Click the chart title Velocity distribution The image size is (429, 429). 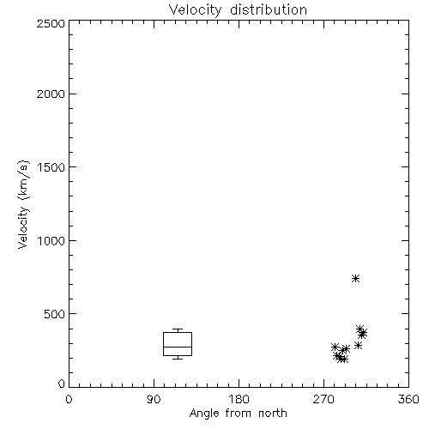pos(238,9)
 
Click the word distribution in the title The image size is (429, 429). pos(269,9)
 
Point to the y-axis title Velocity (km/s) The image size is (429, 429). pos(23,204)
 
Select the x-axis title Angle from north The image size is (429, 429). pos(238,414)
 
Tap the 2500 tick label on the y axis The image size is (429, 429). pos(51,23)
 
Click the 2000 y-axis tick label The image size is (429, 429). pos(51,94)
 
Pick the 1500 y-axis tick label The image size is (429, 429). pos(51,167)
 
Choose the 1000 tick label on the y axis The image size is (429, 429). pos(51,240)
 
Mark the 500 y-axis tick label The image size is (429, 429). pos(55,314)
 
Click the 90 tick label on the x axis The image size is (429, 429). pos(154,399)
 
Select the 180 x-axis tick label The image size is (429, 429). pos(238,399)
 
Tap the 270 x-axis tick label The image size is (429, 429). pos(323,399)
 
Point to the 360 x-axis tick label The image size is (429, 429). pos(408,399)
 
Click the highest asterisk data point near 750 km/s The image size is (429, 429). pos(355,278)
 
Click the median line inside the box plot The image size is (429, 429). pos(178,347)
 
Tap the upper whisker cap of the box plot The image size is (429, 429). pos(178,329)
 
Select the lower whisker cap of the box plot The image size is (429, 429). pos(178,359)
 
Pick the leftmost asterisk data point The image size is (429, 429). pos(335,347)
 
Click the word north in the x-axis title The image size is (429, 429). pos(273,414)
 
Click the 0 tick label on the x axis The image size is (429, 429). pos(69,399)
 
